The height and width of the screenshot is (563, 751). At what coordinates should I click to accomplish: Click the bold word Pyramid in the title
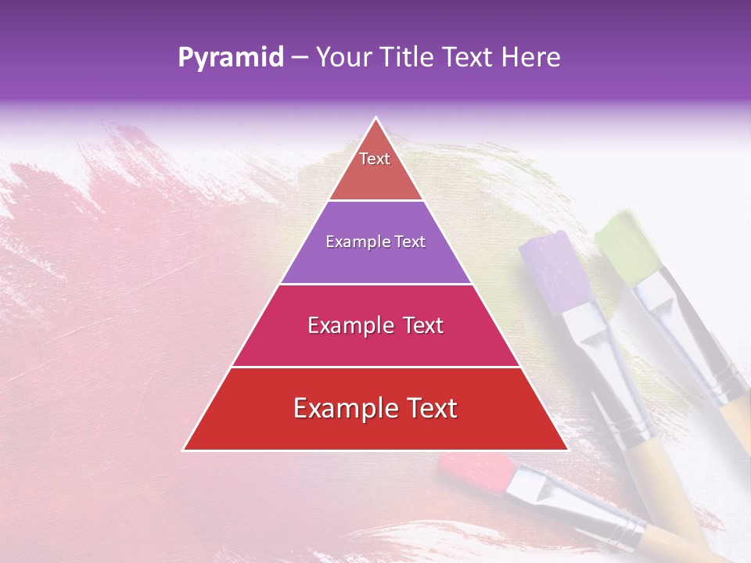point(231,58)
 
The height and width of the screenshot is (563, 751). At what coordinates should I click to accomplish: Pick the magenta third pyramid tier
point(375,325)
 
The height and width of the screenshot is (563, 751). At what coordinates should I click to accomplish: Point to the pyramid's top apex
point(375,119)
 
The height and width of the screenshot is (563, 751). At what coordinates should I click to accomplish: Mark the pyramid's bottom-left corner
point(185,449)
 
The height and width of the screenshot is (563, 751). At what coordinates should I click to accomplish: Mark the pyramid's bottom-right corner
point(566,449)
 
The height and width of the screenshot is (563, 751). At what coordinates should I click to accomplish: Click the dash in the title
point(299,57)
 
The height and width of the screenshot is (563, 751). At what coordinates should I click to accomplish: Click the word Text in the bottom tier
point(426,409)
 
